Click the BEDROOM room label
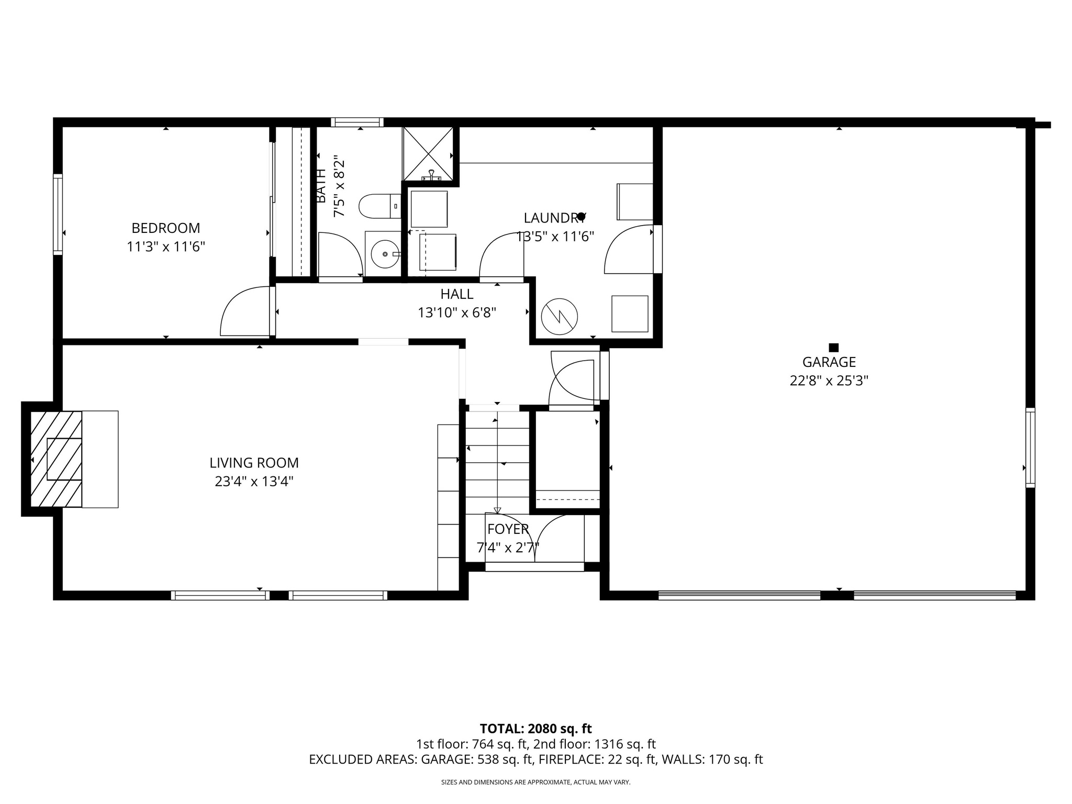[x=165, y=228]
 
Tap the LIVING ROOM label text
[x=254, y=463]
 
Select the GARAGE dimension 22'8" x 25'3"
[x=829, y=381]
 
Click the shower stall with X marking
[x=428, y=153]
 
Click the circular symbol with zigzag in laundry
[x=559, y=317]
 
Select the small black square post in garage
[x=834, y=348]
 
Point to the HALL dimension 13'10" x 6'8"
[x=456, y=313]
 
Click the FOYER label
[x=508, y=529]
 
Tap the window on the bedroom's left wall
[x=58, y=215]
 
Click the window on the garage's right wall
[x=1030, y=448]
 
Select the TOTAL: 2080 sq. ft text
[x=535, y=729]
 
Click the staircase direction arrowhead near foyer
[x=497, y=510]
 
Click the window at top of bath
[x=357, y=122]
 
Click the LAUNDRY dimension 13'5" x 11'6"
[x=555, y=237]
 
